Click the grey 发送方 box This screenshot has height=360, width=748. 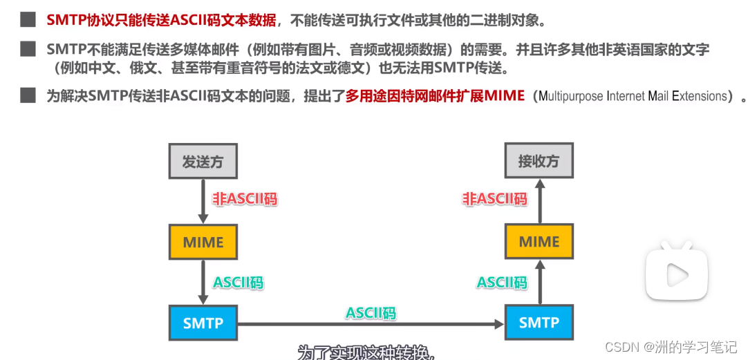coord(203,162)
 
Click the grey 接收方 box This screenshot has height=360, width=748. coord(539,162)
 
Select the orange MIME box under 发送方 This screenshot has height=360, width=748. coord(203,243)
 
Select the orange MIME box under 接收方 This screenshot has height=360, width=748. coord(539,242)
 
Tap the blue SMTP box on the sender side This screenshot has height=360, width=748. coord(203,322)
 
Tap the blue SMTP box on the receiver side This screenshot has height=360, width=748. coord(539,322)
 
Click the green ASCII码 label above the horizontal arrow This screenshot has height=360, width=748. coord(371,313)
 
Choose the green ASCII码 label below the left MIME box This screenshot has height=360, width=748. coord(239,283)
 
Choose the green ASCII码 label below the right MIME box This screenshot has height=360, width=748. coord(502,283)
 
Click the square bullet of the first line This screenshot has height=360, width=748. coord(27,20)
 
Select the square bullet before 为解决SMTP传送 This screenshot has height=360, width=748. coord(27,95)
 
